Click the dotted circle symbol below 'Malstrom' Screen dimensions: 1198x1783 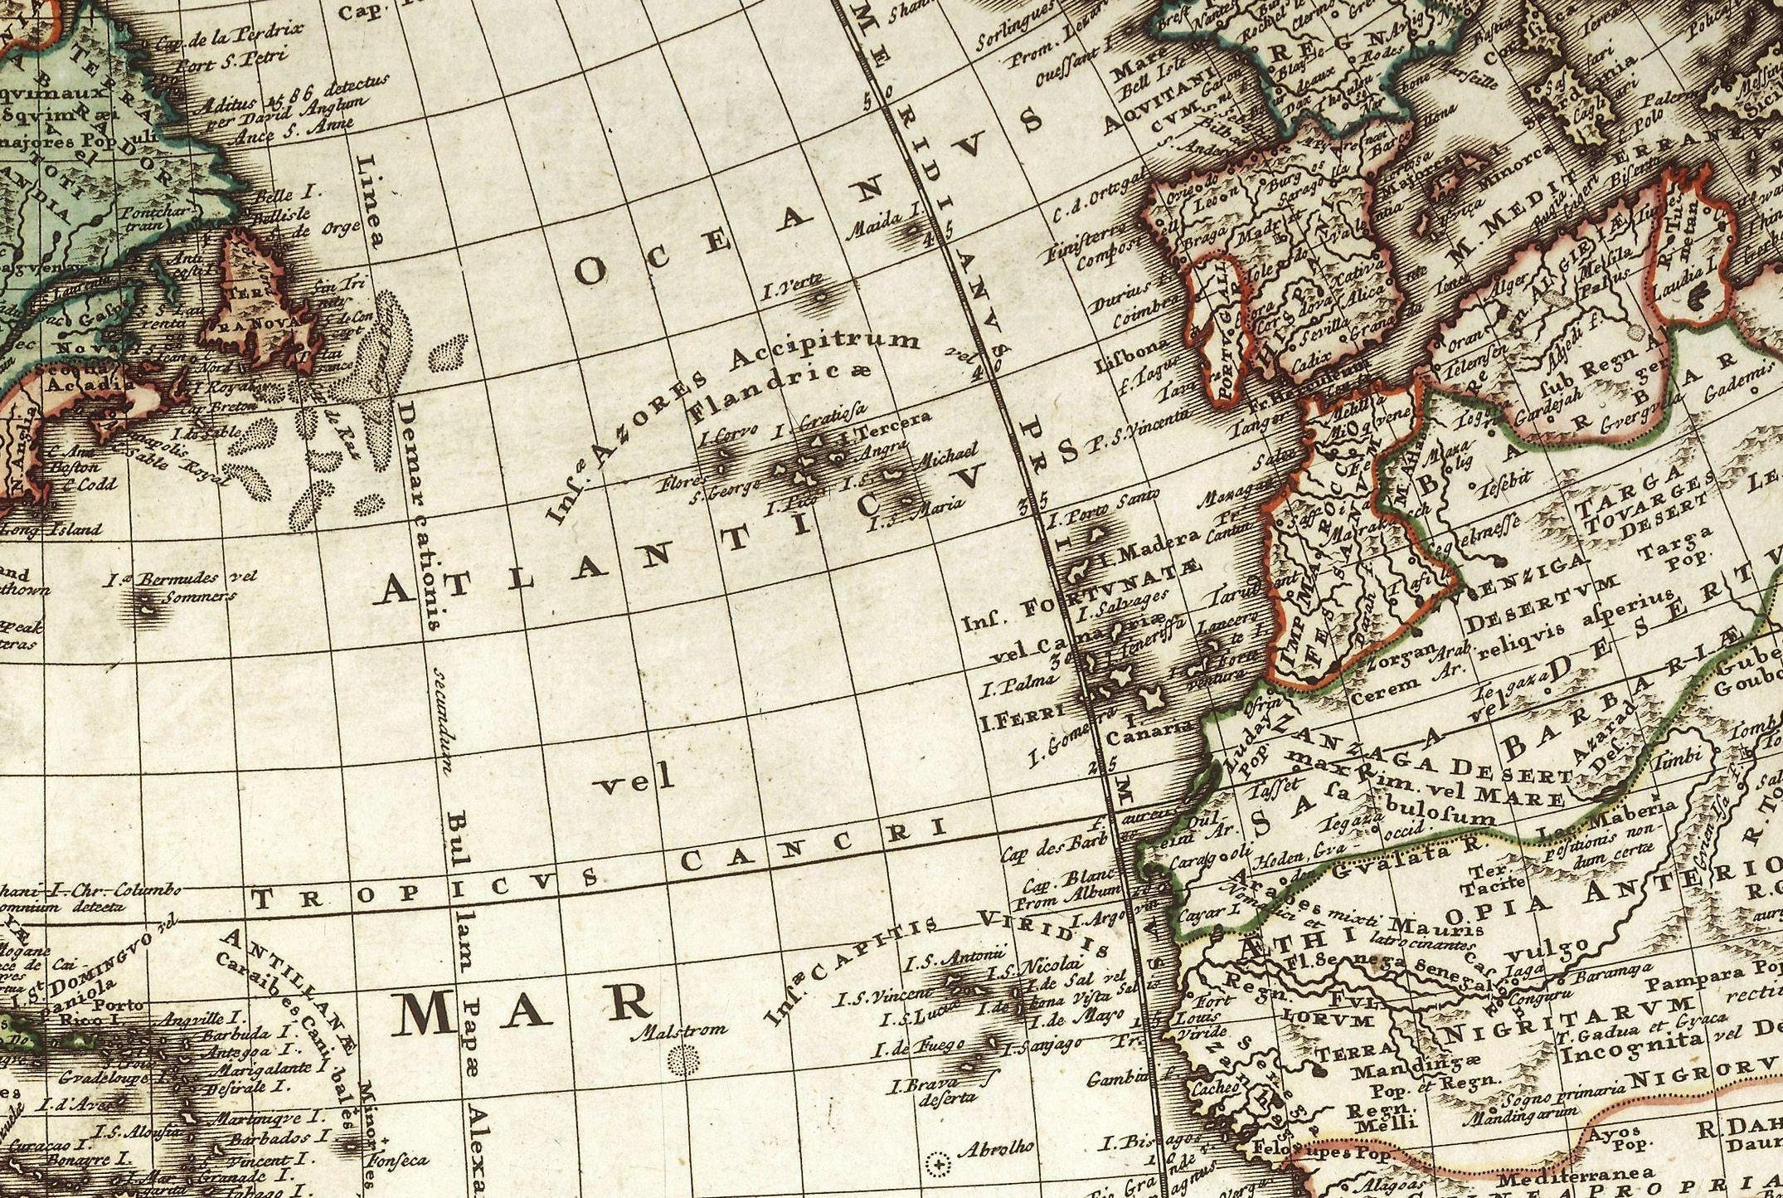[685, 1058]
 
